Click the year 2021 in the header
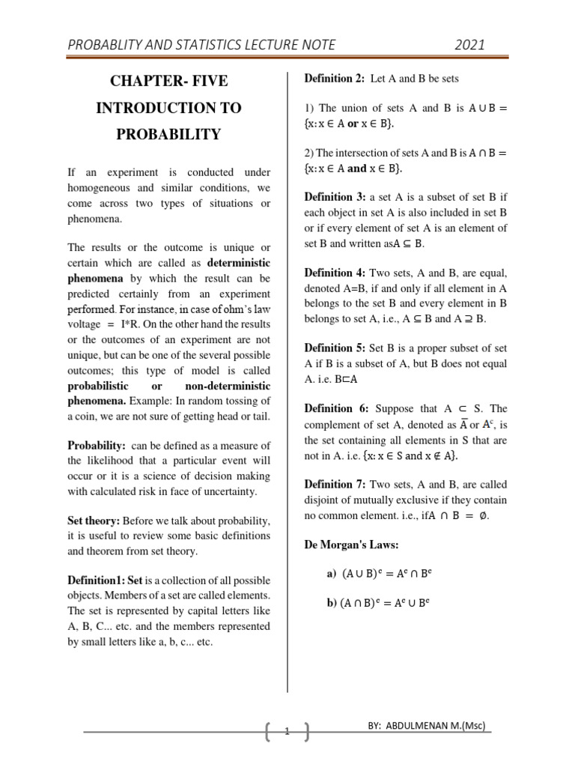tap(469, 45)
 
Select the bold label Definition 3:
tap(334, 197)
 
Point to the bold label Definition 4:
tap(334, 273)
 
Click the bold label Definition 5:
tap(334, 348)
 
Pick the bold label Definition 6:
tap(334, 408)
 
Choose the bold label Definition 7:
tap(334, 484)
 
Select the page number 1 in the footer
tap(286, 732)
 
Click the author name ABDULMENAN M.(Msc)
tap(445, 727)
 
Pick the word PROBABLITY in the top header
tap(110, 45)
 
